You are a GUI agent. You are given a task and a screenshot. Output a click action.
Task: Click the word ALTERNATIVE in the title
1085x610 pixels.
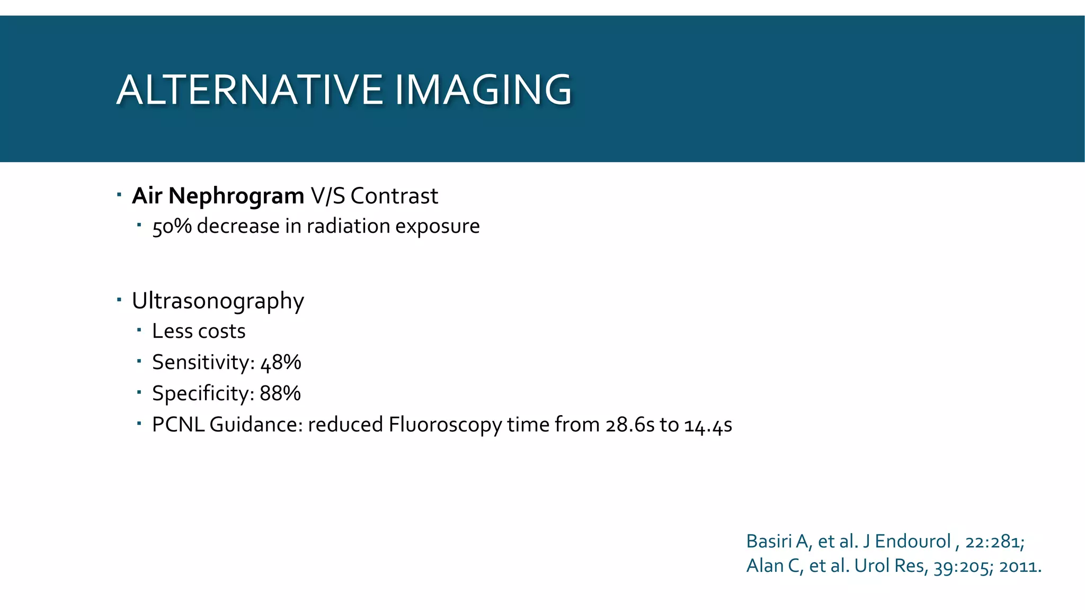point(249,90)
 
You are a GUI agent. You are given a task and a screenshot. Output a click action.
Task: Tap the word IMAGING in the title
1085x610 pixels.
point(483,90)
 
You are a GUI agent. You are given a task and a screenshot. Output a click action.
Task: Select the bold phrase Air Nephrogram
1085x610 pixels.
point(218,196)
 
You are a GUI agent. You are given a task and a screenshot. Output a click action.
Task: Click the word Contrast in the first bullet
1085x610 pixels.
point(394,196)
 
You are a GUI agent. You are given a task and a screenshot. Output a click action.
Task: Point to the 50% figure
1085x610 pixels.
point(172,226)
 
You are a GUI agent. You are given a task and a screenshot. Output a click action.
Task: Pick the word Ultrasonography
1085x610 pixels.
point(218,301)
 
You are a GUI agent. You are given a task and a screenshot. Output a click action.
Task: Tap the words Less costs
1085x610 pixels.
point(199,331)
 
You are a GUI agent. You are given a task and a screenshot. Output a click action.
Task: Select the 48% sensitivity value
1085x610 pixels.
point(281,362)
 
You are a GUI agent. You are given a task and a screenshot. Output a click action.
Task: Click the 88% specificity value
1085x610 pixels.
point(280,393)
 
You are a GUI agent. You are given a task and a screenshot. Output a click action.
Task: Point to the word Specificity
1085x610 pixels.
point(201,393)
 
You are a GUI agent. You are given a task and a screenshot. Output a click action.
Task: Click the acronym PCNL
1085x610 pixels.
point(178,425)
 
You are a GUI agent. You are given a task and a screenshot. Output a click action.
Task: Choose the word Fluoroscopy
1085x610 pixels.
point(445,425)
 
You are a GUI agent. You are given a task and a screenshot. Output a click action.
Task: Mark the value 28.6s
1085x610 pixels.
point(630,425)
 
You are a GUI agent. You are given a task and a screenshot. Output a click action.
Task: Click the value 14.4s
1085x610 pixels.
point(708,425)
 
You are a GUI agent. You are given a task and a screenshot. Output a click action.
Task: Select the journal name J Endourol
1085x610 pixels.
point(906,541)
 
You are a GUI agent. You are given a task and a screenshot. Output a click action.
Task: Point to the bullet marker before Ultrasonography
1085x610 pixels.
point(119,300)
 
